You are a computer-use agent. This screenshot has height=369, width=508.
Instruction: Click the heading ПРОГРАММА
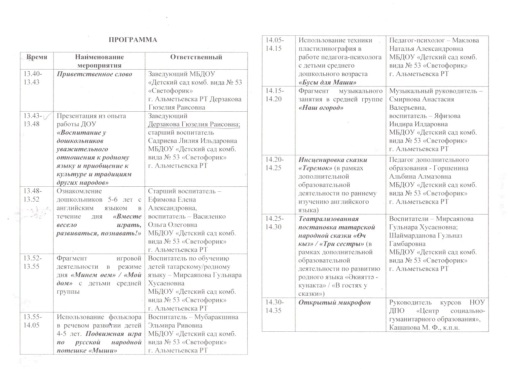(133, 40)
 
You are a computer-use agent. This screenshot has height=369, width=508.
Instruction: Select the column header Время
(37, 57)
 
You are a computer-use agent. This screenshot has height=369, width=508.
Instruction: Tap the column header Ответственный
(196, 57)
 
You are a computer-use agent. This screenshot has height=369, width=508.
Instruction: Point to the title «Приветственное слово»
(94, 74)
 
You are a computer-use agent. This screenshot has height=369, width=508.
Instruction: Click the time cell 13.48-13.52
(32, 195)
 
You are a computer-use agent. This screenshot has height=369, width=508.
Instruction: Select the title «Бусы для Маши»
(328, 82)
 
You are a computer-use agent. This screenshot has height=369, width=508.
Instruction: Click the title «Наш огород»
(321, 108)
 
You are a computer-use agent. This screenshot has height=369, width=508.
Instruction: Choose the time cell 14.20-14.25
(275, 164)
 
